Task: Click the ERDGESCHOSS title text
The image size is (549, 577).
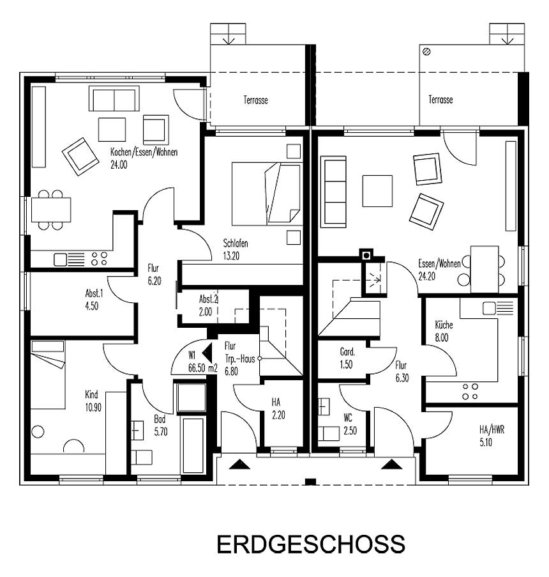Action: [x=310, y=544]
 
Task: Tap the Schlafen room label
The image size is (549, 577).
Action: [x=236, y=249]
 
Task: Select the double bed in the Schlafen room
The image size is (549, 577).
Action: [x=266, y=193]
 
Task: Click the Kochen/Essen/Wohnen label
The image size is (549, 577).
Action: [x=144, y=158]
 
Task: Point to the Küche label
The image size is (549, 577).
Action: [x=444, y=330]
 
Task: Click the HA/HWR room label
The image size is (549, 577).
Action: [x=492, y=435]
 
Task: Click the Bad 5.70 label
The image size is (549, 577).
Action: [x=160, y=426]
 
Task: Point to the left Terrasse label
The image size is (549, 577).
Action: [x=255, y=100]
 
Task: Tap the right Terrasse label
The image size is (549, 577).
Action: [x=440, y=100]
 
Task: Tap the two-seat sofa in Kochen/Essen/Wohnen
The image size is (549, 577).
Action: [x=114, y=99]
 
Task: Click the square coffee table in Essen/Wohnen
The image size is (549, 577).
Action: [x=377, y=190]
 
